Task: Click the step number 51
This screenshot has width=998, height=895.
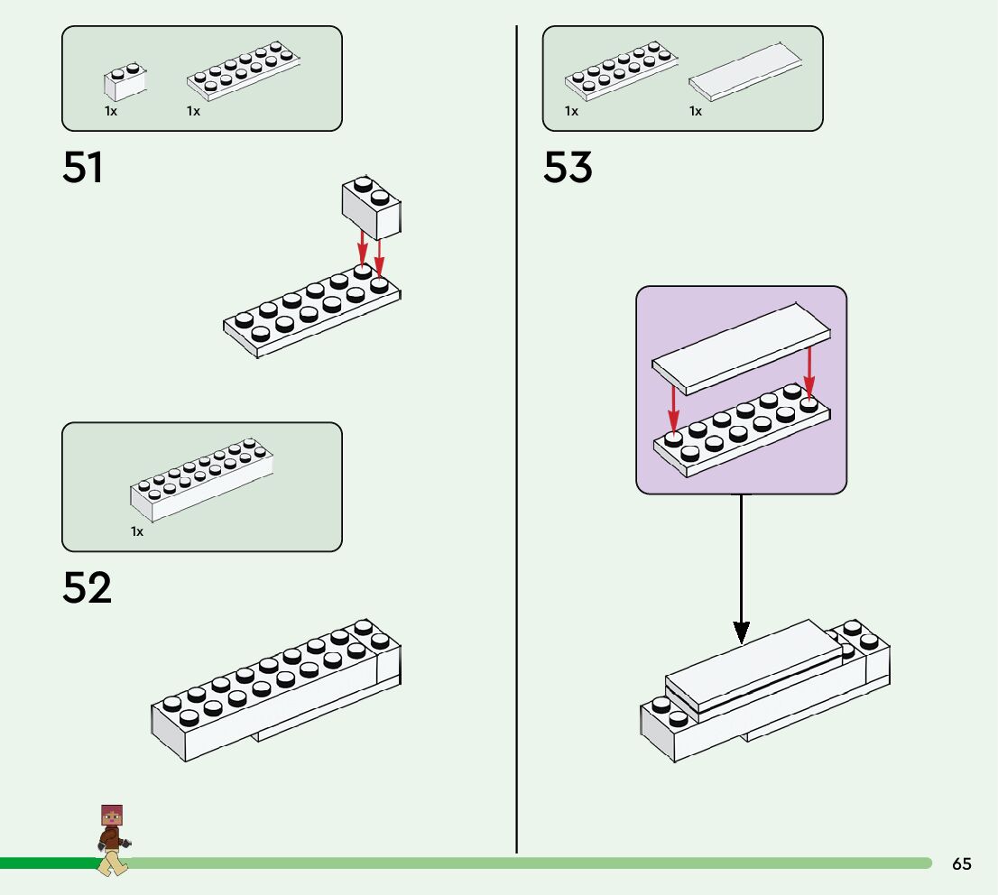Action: (83, 168)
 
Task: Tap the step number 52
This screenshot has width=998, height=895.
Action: (88, 587)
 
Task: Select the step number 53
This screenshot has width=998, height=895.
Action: (568, 168)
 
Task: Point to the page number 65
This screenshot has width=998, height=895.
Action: (962, 863)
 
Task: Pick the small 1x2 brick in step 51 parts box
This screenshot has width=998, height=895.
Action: (125, 82)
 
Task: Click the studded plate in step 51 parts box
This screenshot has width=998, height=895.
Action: (243, 71)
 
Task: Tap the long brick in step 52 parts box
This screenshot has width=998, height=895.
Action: (202, 479)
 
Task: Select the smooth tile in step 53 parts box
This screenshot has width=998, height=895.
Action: (745, 72)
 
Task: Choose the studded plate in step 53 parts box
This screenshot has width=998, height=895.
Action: (621, 71)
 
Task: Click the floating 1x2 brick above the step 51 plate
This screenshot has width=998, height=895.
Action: (372, 208)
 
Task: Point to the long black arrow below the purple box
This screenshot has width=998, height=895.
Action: (741, 569)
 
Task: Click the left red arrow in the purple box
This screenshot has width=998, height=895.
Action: (673, 410)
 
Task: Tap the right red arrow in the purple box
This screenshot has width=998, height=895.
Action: (809, 373)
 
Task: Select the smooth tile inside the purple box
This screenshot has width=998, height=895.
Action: (742, 349)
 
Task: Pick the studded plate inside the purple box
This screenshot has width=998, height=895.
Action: (742, 429)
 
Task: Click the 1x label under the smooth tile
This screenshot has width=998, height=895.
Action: (696, 111)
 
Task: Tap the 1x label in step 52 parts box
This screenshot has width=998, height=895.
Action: (137, 531)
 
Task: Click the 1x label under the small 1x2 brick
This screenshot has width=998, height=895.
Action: (111, 111)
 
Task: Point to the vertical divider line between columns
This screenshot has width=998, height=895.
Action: (516, 439)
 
